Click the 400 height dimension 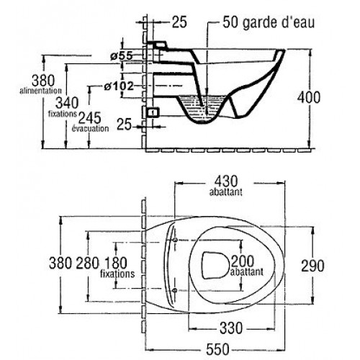(x=309, y=97)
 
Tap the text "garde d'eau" (x=279, y=22)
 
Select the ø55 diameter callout (x=122, y=56)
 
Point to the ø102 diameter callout (x=119, y=86)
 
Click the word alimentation (x=41, y=91)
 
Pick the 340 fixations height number (x=67, y=103)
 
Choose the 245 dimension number (x=90, y=118)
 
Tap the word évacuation (x=90, y=128)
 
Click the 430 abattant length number (x=226, y=181)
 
